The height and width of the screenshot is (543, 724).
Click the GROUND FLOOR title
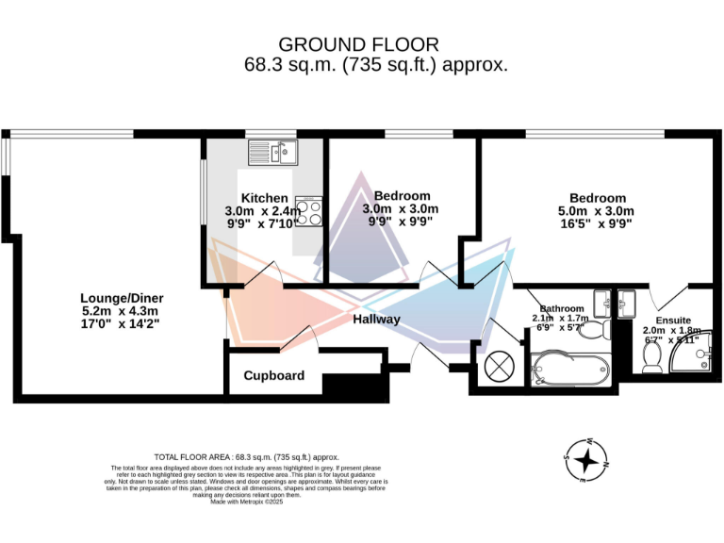tap(358, 44)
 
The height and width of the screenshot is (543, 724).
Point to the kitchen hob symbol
tap(309, 211)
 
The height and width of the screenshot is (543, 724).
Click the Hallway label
tap(376, 320)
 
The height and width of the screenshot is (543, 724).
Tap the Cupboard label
tap(274, 376)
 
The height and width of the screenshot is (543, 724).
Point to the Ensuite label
tap(673, 320)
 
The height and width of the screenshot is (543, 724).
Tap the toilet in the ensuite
tap(650, 356)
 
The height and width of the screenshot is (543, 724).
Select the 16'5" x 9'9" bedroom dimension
tap(597, 224)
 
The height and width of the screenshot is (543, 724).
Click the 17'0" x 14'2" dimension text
tap(120, 324)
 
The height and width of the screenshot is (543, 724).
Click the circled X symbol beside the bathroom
tap(499, 366)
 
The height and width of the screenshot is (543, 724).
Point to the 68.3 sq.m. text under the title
tap(284, 66)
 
